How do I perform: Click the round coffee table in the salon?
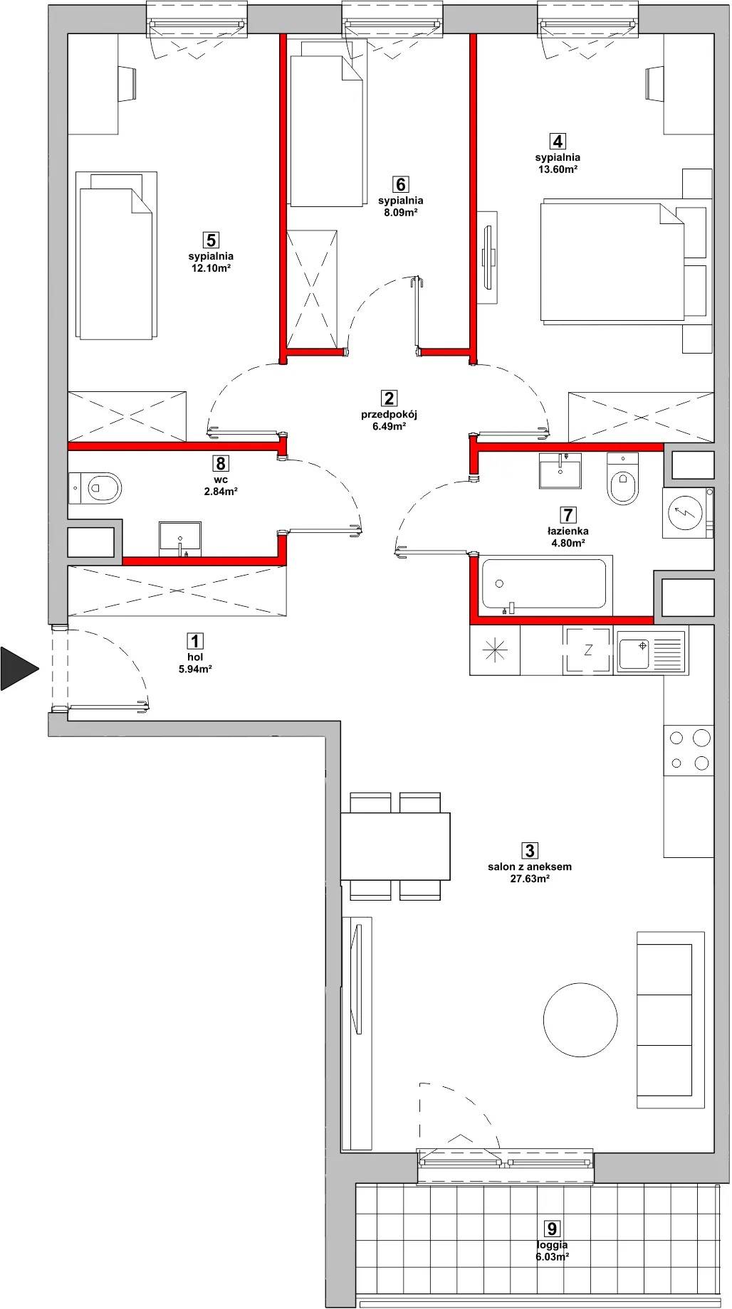tap(580, 1018)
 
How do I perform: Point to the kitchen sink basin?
tap(634, 652)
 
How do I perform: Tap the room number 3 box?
tap(529, 849)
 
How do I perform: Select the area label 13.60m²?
tap(558, 169)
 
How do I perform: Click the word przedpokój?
tap(388, 415)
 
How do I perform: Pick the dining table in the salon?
tap(395, 846)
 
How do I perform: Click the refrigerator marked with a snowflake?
tap(495, 650)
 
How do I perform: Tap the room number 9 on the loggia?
tap(551, 1229)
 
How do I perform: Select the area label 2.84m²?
tap(221, 491)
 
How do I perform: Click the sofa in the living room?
tap(670, 1019)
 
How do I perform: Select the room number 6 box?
tap(401, 185)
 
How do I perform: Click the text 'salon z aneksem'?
tap(530, 867)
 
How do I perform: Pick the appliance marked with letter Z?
tap(587, 650)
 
